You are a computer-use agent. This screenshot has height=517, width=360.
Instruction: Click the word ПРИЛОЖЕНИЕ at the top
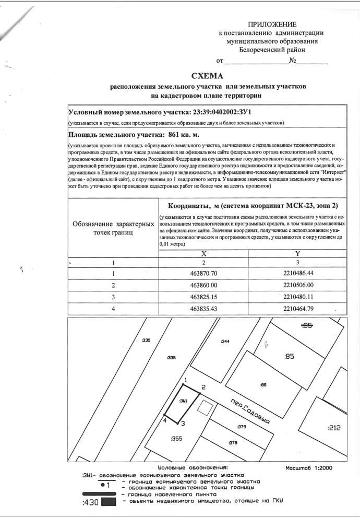pos(272,24)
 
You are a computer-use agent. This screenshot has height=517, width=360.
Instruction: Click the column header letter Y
pos(298,252)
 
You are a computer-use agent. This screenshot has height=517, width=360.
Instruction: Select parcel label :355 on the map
pos(176,439)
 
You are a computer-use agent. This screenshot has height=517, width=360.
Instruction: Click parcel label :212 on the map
pos(334,428)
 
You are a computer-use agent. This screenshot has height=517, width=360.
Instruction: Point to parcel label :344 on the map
pos(225,342)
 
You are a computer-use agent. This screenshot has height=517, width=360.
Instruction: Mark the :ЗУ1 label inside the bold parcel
pos(183,402)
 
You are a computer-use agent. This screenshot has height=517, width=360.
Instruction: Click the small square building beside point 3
pos(206,408)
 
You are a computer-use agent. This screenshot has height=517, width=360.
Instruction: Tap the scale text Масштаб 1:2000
pos(309,468)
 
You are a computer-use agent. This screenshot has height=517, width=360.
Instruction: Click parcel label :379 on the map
pos(241,427)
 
